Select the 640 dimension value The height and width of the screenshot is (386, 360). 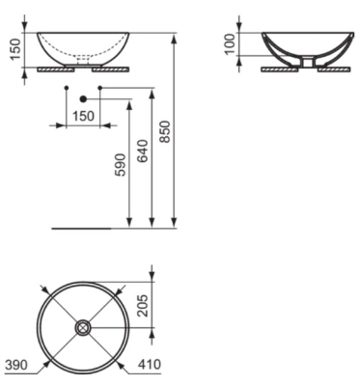[143, 151]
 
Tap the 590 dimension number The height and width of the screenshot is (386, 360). [121, 165]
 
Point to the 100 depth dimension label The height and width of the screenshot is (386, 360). [230, 44]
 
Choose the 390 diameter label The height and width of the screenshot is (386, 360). [16, 365]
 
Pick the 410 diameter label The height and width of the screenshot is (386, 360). [149, 365]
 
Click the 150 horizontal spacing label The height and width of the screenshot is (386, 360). [83, 116]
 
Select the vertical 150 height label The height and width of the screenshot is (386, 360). [15, 49]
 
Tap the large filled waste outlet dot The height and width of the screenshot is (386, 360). [83, 99]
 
